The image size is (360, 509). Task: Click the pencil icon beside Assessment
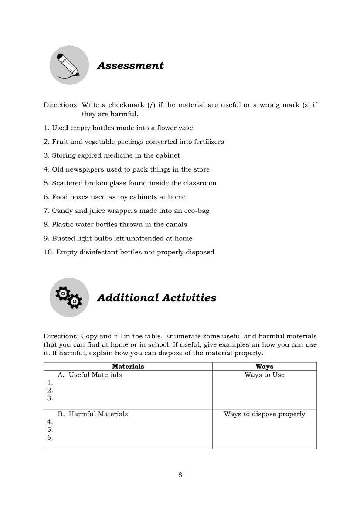pos(69,65)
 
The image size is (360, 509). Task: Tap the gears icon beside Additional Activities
pos(69,297)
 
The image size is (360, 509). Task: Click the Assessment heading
pos(130,66)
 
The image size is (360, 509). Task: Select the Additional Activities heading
pos(156,298)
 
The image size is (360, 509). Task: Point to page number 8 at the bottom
pos(180,475)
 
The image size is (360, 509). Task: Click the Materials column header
pos(128,367)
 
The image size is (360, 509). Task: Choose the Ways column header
pos(265,367)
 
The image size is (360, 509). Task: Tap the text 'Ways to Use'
pos(265,375)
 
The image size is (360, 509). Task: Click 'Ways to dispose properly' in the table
pos(265,414)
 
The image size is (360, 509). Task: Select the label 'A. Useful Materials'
pos(90,375)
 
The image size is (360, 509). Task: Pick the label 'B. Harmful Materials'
pos(93,414)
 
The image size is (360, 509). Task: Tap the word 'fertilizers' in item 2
pos(207,142)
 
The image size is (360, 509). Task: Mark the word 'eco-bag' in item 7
pos(197,211)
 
